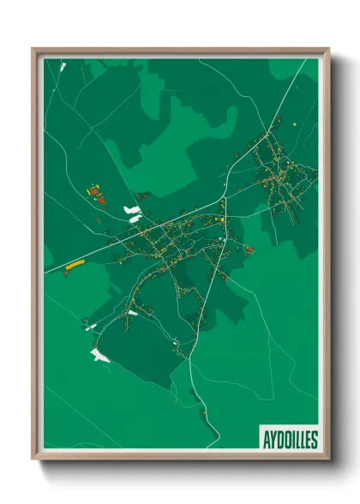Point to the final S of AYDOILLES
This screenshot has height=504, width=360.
[314, 440]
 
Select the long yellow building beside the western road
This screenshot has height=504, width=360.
[75, 264]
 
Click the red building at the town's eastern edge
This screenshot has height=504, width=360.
[249, 249]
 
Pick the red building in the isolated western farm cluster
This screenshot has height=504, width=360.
[100, 198]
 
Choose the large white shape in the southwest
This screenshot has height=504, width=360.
[100, 354]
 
